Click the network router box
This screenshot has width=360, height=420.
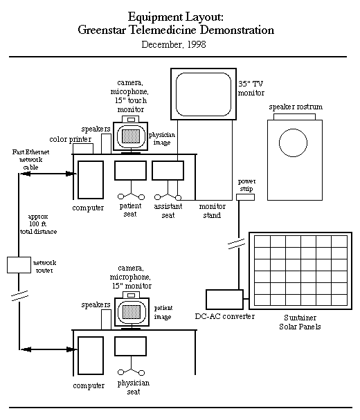(x=19, y=265)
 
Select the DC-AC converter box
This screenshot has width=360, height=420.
(x=224, y=300)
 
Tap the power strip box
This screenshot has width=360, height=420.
(x=245, y=197)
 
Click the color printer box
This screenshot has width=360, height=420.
(x=83, y=149)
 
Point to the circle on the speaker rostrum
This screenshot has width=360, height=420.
(x=293, y=129)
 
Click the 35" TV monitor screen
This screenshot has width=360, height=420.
(x=204, y=94)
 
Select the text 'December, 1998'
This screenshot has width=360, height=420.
(x=174, y=44)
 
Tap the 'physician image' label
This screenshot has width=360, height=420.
(x=162, y=138)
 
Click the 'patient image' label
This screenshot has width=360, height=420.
(x=163, y=312)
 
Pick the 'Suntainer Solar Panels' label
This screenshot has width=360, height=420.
(x=300, y=322)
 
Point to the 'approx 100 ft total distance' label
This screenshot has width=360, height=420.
(x=38, y=224)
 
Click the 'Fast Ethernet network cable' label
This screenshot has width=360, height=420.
(x=31, y=160)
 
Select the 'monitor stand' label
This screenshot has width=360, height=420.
(x=212, y=211)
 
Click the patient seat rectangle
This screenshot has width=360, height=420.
(x=131, y=170)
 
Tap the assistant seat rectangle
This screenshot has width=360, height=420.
(x=168, y=170)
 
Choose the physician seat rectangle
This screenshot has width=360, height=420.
(x=131, y=346)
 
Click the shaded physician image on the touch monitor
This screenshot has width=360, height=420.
(x=131, y=136)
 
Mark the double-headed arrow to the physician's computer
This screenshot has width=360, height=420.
(x=49, y=349)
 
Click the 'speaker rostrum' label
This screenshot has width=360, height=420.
(x=296, y=107)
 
